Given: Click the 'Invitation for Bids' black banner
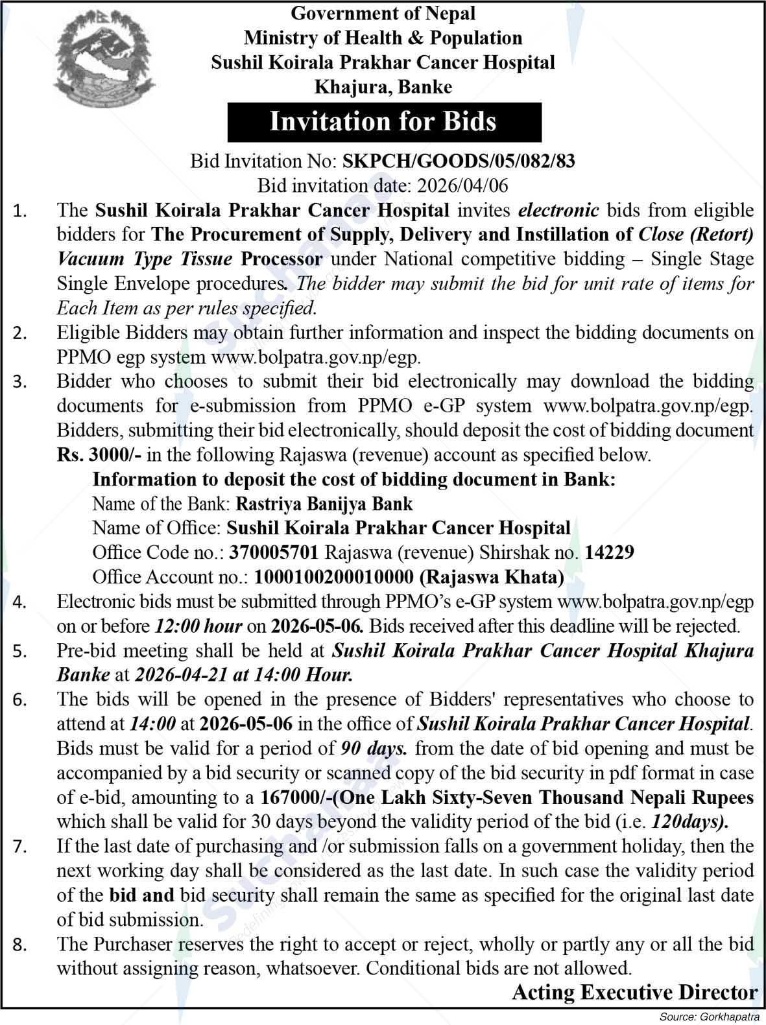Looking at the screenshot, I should coord(384,121).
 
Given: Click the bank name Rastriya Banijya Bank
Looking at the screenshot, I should coord(324,504).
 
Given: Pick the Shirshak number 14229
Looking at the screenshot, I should coord(609,552).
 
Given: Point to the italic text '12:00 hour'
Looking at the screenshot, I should coord(198,626).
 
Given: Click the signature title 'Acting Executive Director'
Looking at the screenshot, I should coord(634,993).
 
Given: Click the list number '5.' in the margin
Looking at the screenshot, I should coord(20,652).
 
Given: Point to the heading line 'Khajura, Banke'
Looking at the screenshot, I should coord(383,86).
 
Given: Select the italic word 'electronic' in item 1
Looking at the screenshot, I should coord(558,210).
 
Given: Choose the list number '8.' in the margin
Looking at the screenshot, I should coord(20,945).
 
